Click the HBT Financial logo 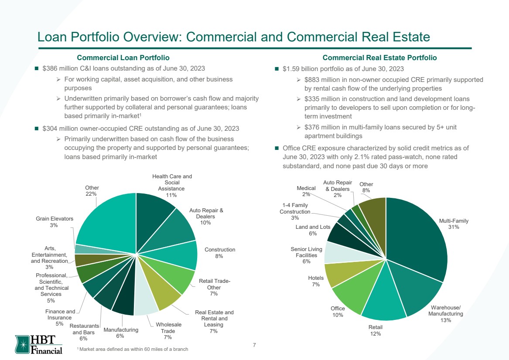(39, 344)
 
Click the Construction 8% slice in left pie (182, 255)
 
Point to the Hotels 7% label (316, 281)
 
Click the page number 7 (254, 345)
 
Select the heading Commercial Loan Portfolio (123, 58)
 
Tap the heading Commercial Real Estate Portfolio (379, 58)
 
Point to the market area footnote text (133, 349)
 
